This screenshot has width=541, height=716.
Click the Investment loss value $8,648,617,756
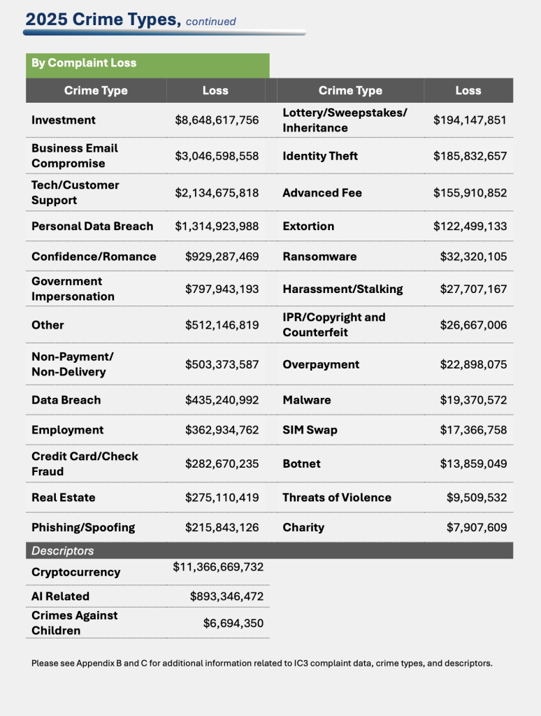(x=217, y=120)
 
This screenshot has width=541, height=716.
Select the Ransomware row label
(x=319, y=257)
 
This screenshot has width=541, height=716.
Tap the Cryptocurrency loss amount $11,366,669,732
(x=218, y=567)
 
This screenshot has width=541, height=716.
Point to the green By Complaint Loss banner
(x=147, y=63)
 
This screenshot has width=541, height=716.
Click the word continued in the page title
(x=210, y=22)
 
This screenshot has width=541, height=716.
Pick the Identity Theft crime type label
(x=320, y=156)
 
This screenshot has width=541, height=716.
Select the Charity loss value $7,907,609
(x=477, y=527)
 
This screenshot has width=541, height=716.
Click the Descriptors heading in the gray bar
(x=63, y=551)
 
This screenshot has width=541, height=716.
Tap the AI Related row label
(x=60, y=596)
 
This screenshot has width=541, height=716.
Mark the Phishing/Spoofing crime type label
(x=83, y=527)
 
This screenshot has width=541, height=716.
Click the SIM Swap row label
(x=310, y=430)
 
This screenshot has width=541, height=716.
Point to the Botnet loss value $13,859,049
(x=473, y=464)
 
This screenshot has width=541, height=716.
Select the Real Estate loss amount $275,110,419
(x=222, y=498)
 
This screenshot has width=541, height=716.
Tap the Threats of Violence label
(x=337, y=498)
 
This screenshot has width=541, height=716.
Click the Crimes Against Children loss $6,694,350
(x=233, y=623)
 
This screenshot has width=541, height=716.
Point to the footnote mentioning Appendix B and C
(x=262, y=663)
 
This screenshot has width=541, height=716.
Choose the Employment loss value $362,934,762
(x=222, y=430)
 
